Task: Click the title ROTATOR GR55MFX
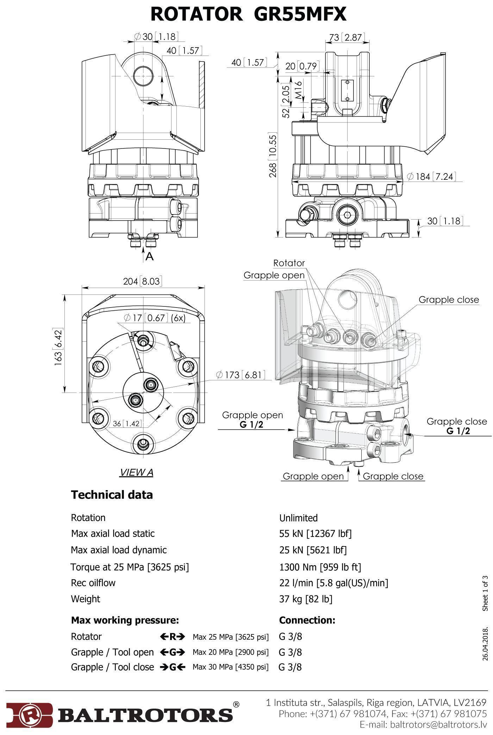[x=248, y=14]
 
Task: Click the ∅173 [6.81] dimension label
[x=241, y=375]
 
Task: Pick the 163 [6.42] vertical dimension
[x=58, y=347]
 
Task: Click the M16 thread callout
[x=298, y=90]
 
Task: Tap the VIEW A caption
[x=137, y=472]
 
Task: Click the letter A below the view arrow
[x=150, y=256]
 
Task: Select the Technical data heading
[x=112, y=495]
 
